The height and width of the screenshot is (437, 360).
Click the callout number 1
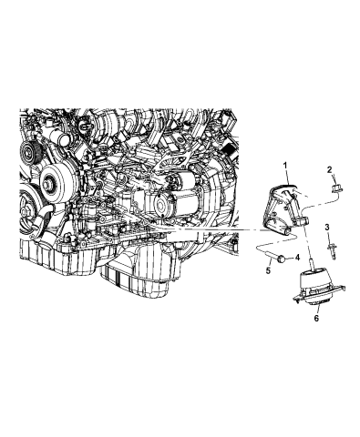coord(285,163)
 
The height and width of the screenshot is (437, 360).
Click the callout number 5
coord(270,270)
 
